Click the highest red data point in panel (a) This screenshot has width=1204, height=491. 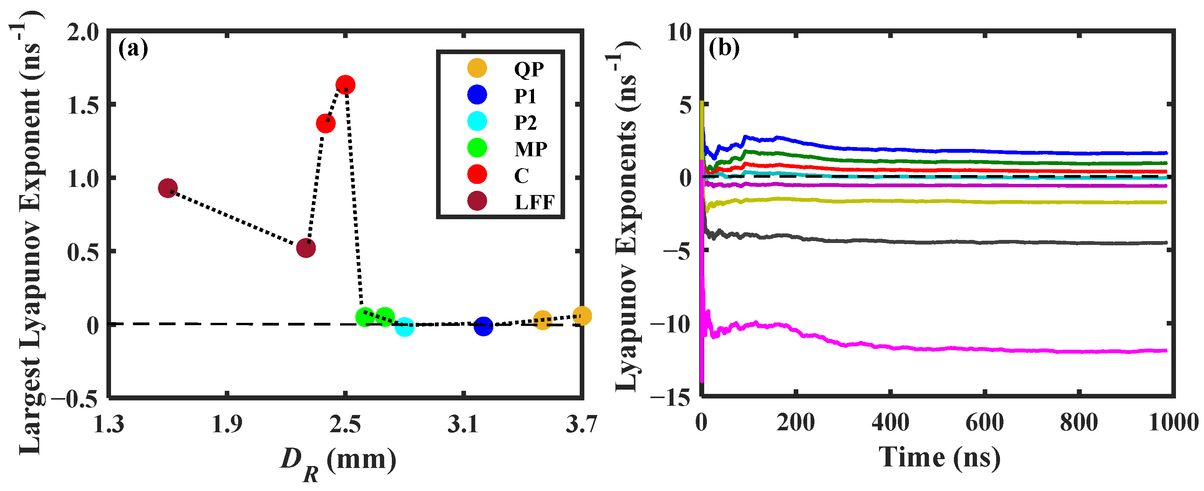click(x=345, y=85)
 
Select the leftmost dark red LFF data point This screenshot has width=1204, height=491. click(x=167, y=188)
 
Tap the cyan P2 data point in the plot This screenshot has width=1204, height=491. click(x=404, y=327)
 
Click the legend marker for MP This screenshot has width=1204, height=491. click(x=477, y=148)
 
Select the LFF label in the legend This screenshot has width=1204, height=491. click(x=534, y=202)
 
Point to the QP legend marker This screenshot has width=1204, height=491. click(x=477, y=68)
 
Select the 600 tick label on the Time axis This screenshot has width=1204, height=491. click(x=984, y=422)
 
